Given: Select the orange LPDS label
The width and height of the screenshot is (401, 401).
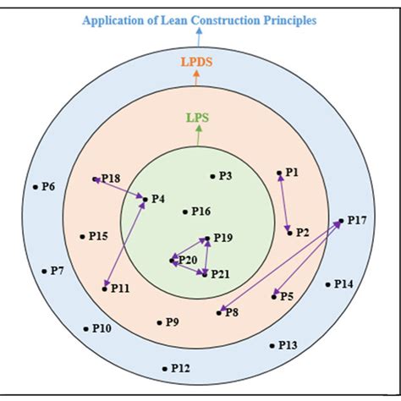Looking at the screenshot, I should click(196, 62).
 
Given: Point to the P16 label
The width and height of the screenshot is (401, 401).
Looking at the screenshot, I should click(200, 211).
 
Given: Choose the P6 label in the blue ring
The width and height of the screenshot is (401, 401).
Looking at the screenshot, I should click(48, 186).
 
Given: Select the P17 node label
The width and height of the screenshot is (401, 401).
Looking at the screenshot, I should click(357, 221).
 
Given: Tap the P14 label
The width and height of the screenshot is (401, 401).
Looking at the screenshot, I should click(343, 284).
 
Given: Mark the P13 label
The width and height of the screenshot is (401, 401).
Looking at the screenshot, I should click(288, 345).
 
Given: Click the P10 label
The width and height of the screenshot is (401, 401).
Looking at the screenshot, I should click(102, 328).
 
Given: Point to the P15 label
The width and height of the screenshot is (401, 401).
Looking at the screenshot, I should click(97, 237).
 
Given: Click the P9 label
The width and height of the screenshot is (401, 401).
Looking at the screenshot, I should click(172, 322).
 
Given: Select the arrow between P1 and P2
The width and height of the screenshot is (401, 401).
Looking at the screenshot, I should click(284, 202).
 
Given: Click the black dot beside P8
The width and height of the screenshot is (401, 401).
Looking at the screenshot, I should click(218, 313).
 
